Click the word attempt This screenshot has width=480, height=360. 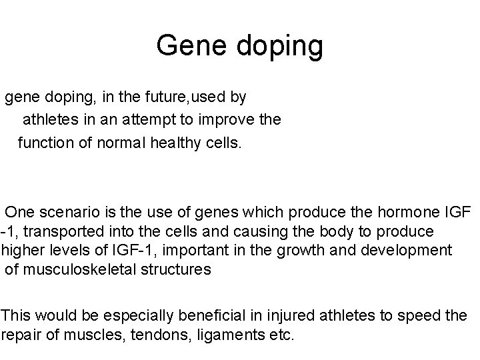coord(170,120)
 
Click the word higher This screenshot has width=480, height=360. coord(21,250)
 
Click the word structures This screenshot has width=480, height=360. coord(176,269)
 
